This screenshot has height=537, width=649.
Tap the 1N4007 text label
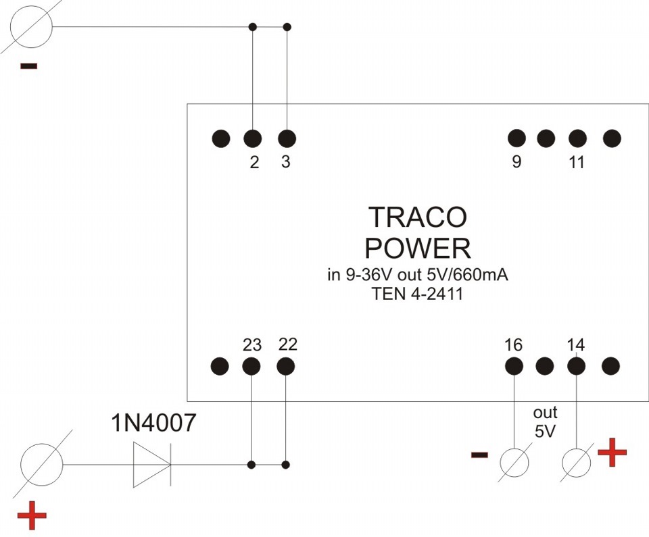tap(153, 424)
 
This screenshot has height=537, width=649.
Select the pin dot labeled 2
tap(252, 138)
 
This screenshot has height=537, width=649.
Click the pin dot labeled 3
tap(287, 138)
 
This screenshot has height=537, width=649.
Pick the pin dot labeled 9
tap(516, 138)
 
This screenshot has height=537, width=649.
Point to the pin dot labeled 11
tap(577, 138)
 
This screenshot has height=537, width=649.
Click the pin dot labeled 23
tap(251, 367)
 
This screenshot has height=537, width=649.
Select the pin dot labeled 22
tap(286, 367)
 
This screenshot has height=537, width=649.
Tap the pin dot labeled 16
tap(514, 367)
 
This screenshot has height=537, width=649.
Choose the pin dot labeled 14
tap(576, 367)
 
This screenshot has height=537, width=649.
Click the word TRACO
tap(417, 218)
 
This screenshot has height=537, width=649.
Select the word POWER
tap(417, 249)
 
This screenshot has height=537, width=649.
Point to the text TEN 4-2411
tap(417, 294)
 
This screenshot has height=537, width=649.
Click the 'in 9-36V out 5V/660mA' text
tap(417, 276)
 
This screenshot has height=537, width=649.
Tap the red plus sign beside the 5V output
tap(612, 453)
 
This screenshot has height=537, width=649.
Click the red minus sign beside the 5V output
tap(479, 455)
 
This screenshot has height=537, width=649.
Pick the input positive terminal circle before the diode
tap(42, 465)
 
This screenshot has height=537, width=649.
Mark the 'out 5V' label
tap(545, 422)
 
